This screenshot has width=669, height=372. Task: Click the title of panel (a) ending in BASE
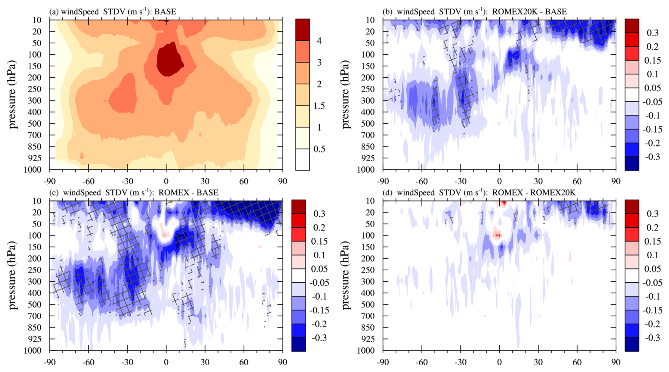(112, 12)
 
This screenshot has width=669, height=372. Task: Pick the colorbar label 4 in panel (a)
(319, 41)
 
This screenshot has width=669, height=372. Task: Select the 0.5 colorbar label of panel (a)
(319, 149)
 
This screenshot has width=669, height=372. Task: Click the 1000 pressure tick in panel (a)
(33, 170)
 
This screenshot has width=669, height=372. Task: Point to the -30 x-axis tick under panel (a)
(127, 181)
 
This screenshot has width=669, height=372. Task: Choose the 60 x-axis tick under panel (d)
(577, 362)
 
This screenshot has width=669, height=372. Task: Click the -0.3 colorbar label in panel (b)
(652, 157)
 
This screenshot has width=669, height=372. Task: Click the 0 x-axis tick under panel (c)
(166, 362)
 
